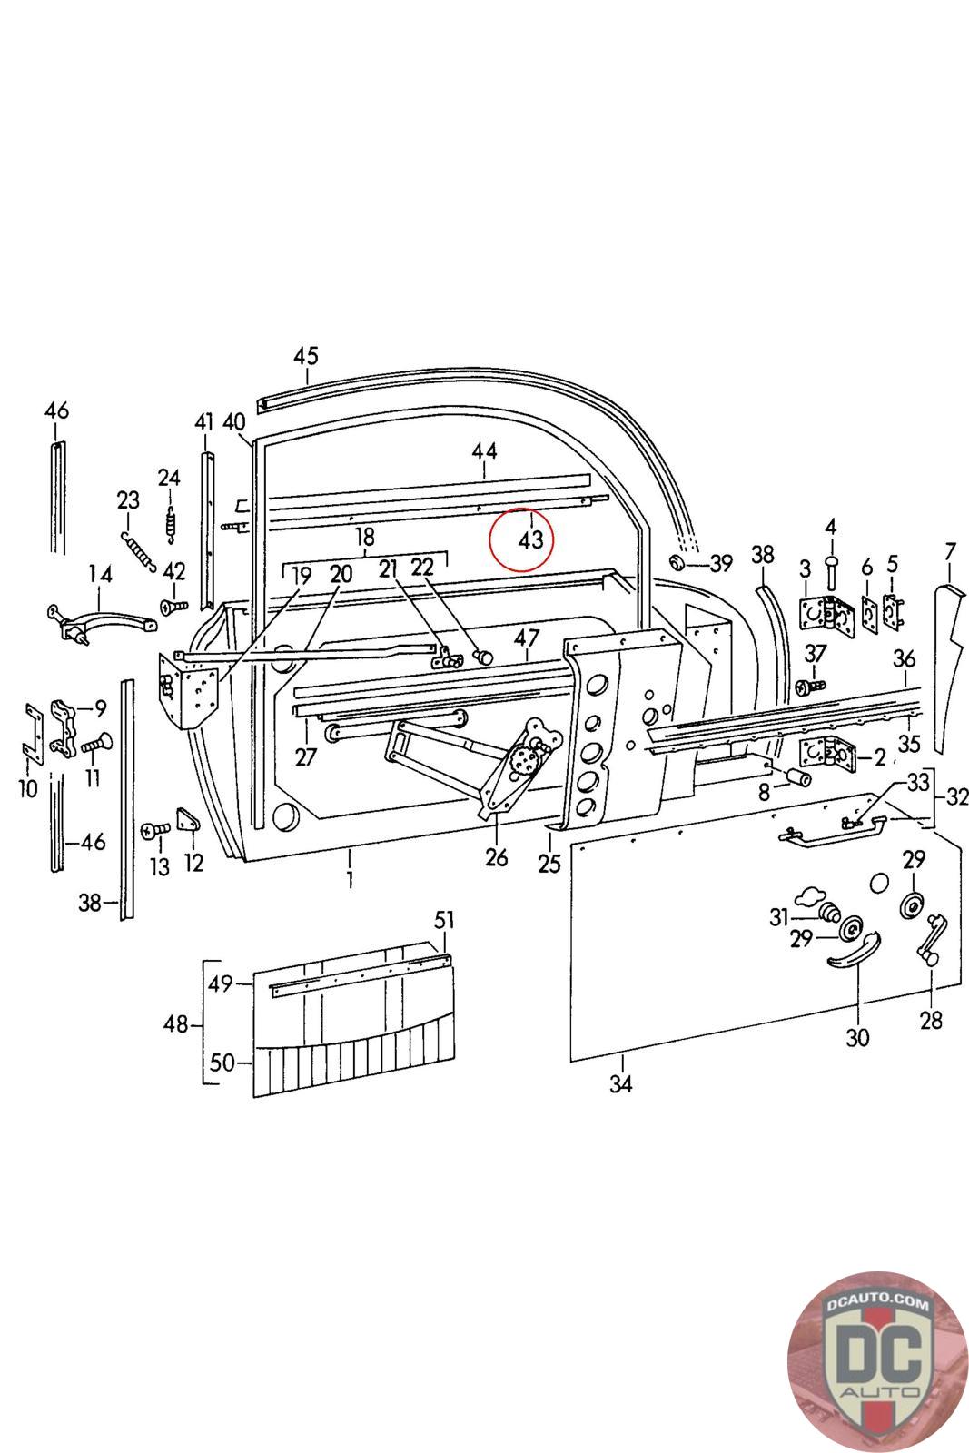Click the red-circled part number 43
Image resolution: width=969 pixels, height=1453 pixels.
(529, 539)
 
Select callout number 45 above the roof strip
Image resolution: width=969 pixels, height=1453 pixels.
(306, 355)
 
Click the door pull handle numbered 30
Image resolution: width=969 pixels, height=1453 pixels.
(855, 951)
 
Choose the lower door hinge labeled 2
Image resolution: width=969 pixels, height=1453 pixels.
(829, 753)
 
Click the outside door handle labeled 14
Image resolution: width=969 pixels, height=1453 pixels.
(101, 622)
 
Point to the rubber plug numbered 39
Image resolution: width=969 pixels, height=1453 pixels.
(677, 562)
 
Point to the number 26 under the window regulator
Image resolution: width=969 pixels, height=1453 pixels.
(496, 857)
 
